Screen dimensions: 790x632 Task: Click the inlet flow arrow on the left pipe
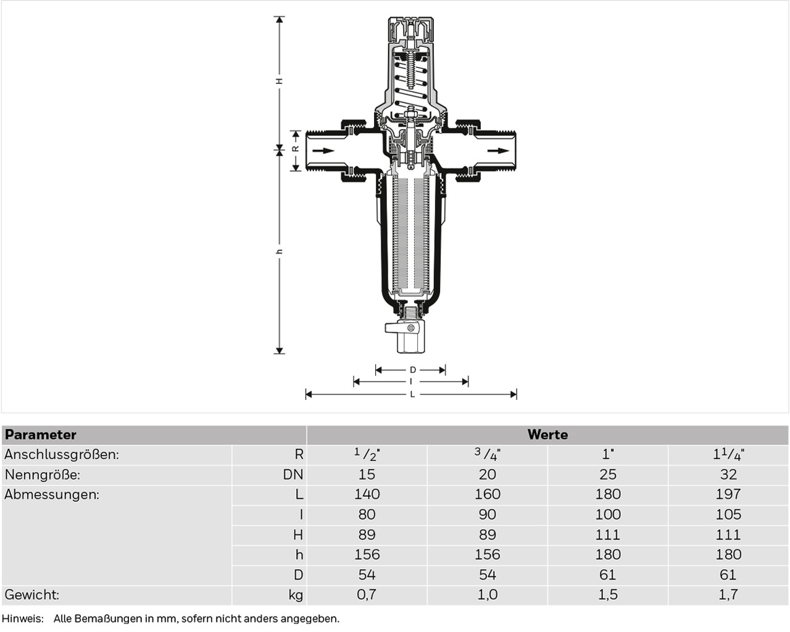pos(323,151)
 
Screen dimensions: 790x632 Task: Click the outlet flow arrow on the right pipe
pos(498,151)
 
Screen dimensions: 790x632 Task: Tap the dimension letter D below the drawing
pos(413,370)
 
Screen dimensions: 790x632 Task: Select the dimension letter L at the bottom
pos(412,394)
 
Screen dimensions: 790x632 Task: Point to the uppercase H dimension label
pos(280,81)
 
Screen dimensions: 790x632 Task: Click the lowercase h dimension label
pos(280,252)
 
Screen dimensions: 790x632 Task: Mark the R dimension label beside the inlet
pos(296,149)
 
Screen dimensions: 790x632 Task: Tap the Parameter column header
pos(40,434)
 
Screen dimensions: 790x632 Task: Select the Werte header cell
pos(547,434)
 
